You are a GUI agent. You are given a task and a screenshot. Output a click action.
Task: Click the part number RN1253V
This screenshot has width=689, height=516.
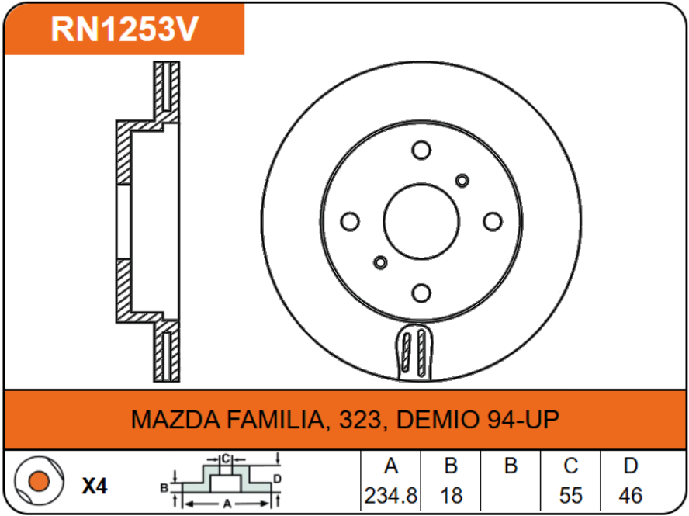point(125,29)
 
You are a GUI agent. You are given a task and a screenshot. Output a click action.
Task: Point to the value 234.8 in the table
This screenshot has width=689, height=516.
point(391,494)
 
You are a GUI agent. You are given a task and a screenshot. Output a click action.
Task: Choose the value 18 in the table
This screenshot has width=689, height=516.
point(451,494)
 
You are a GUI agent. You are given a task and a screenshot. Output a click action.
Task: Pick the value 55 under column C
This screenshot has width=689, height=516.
point(570,494)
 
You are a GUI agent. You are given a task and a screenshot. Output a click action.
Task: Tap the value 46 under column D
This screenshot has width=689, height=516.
point(630,494)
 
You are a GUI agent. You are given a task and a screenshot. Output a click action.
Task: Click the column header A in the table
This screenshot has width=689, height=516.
point(391,466)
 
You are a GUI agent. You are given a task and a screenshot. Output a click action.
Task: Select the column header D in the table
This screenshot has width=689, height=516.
point(630,466)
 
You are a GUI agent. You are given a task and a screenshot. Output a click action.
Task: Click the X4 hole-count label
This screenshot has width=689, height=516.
point(95,487)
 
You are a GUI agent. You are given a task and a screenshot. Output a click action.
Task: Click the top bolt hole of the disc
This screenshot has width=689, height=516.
point(421,151)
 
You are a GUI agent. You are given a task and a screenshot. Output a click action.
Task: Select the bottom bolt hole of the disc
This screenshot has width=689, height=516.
point(421,293)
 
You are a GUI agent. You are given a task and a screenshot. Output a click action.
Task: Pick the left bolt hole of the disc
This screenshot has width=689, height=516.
point(351,222)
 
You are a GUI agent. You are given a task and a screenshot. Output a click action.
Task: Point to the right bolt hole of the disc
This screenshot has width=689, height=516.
point(492,222)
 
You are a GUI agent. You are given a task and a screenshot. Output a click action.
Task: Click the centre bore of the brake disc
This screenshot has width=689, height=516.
point(421,222)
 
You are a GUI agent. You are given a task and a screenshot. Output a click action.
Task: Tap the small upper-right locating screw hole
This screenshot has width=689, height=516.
point(462,181)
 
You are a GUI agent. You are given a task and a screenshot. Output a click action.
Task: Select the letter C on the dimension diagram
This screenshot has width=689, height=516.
point(225,459)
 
